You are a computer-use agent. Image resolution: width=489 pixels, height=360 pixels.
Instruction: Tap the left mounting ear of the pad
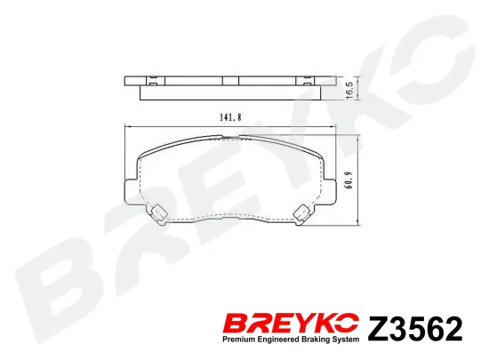127,188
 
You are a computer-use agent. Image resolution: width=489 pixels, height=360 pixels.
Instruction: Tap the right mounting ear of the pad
332,188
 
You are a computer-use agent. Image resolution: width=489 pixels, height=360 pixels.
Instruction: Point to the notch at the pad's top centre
229,137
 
